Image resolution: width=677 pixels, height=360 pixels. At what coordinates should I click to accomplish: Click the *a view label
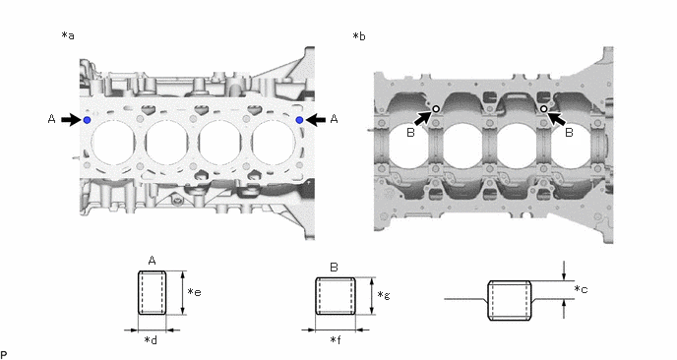tap(68, 35)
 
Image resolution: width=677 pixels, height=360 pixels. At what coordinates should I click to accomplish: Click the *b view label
tap(359, 36)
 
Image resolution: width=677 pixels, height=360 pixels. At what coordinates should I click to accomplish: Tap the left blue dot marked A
tap(87, 120)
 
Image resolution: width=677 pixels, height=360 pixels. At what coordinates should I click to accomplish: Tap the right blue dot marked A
tap(299, 120)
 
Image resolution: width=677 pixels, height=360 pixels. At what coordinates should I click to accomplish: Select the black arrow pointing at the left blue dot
tap(71, 120)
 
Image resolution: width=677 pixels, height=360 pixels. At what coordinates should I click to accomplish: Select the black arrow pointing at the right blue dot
tap(315, 120)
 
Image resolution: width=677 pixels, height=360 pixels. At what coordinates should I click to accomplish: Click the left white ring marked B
tap(436, 109)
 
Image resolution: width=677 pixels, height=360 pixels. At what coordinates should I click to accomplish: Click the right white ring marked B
tap(544, 109)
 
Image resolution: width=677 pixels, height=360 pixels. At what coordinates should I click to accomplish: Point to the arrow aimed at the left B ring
tap(423, 118)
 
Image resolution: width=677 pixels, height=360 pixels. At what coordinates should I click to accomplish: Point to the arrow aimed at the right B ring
tap(557, 118)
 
